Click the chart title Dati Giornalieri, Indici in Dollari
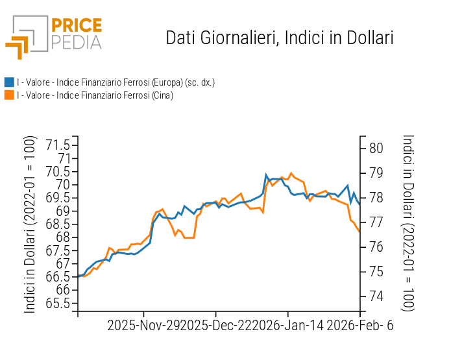tap(280, 38)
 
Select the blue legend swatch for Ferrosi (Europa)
tap(9, 82)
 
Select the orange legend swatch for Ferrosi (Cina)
tap(9, 95)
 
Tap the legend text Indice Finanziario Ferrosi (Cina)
tap(95, 95)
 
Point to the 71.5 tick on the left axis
tap(58, 144)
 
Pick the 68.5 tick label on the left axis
tap(58, 224)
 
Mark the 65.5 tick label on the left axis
tap(58, 303)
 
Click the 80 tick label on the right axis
tap(376, 148)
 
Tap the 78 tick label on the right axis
tap(376, 197)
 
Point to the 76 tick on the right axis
tap(376, 246)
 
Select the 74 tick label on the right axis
tap(376, 296)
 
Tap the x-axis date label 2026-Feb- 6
tap(361, 326)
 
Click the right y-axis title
tap(408, 223)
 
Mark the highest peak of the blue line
tap(266, 174)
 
